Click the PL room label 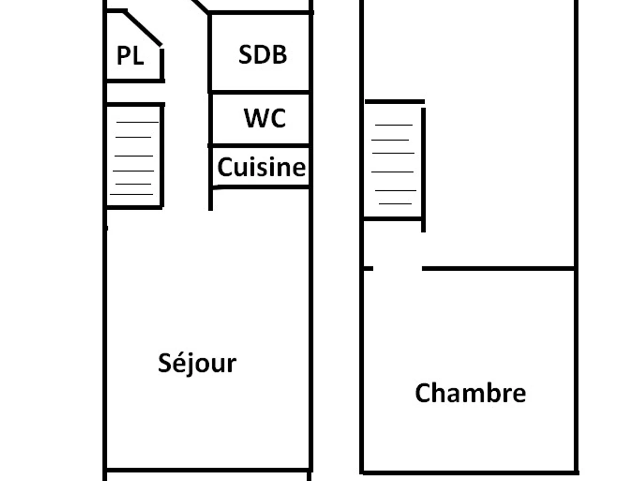coord(130,56)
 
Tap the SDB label coord(262,55)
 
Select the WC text coord(265,118)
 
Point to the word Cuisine coord(261,167)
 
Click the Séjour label coord(197,363)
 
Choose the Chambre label coord(470,393)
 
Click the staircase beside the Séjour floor coord(134,156)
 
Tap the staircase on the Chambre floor coord(394,163)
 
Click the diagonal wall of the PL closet coord(143,28)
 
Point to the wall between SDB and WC coord(260,92)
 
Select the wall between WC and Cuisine coord(260,145)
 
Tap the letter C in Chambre coord(423,393)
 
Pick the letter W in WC coord(255,118)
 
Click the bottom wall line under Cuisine coord(260,187)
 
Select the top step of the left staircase coord(137,122)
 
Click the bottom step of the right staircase coord(395,204)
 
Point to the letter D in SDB coord(262,55)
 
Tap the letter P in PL coord(123,56)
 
